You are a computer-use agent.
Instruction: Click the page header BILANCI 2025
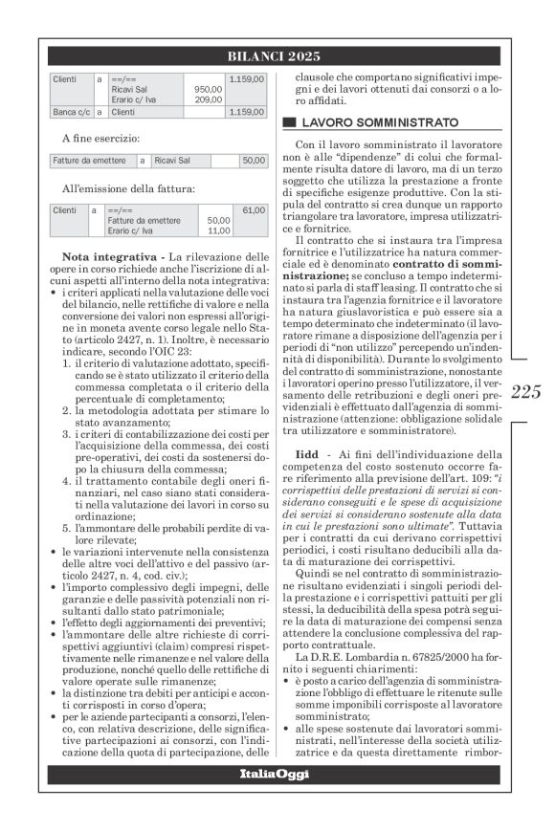(x=274, y=56)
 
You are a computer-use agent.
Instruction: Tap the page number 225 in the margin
(x=526, y=390)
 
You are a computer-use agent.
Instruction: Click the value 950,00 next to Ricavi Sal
(x=208, y=89)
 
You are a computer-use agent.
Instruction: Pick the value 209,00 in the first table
(x=208, y=98)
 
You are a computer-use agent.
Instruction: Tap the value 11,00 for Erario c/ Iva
(x=218, y=230)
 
